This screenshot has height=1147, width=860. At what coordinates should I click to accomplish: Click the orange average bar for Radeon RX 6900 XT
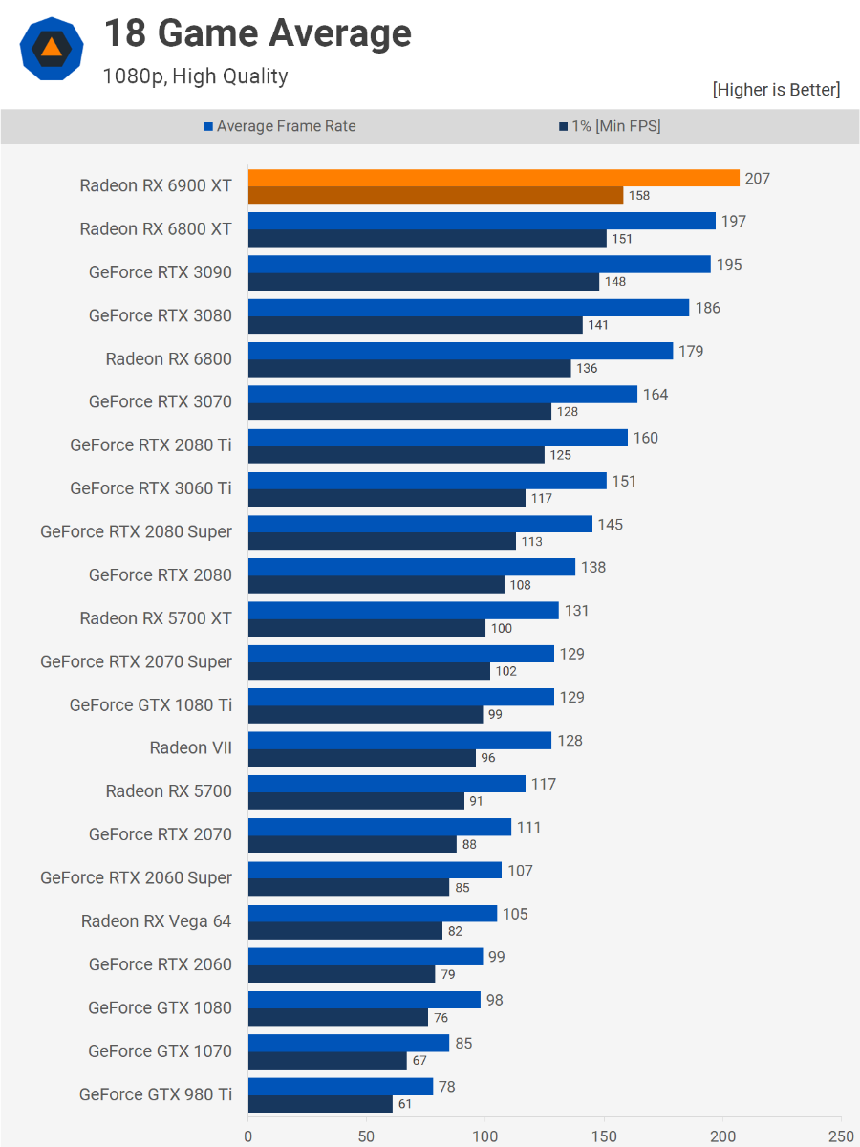click(493, 178)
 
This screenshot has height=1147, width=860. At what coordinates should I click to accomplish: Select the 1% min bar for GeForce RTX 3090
click(423, 282)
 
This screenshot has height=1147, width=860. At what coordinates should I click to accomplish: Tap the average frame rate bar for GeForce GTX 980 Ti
click(340, 1087)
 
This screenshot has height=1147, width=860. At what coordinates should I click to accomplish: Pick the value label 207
click(758, 178)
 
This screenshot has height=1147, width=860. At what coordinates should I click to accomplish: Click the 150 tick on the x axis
click(604, 1136)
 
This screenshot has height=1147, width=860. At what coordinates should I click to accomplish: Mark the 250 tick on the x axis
click(841, 1136)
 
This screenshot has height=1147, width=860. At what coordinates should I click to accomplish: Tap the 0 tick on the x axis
click(248, 1136)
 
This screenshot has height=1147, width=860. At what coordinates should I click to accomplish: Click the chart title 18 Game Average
click(257, 34)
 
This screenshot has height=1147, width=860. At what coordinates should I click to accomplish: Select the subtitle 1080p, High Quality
click(195, 76)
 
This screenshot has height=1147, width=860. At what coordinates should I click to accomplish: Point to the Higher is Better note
click(776, 90)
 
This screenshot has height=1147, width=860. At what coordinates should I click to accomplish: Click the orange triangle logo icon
click(52, 49)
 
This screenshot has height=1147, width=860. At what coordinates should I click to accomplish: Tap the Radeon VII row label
click(190, 747)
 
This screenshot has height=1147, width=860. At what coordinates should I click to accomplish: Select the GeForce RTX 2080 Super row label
click(136, 531)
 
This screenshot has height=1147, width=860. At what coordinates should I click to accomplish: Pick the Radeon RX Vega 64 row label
click(156, 920)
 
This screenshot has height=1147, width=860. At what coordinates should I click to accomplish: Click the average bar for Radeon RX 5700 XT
click(403, 610)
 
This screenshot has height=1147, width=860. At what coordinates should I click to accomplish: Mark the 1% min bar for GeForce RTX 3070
click(399, 412)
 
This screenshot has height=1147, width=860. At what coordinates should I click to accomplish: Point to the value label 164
click(656, 394)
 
